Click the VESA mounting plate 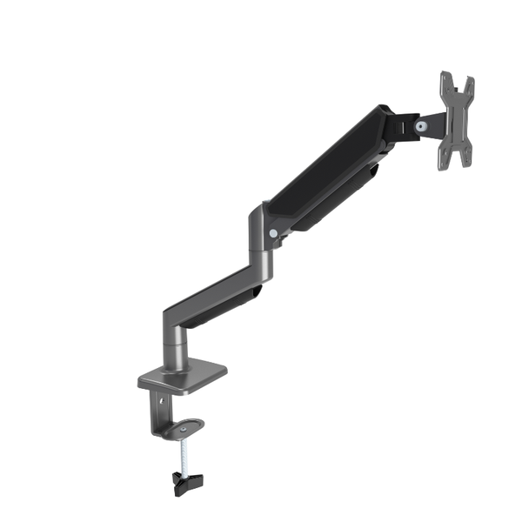[455, 117]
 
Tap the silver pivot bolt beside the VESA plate [421, 127]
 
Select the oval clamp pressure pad [184, 428]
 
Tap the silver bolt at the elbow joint [274, 233]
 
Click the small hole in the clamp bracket [162, 401]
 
